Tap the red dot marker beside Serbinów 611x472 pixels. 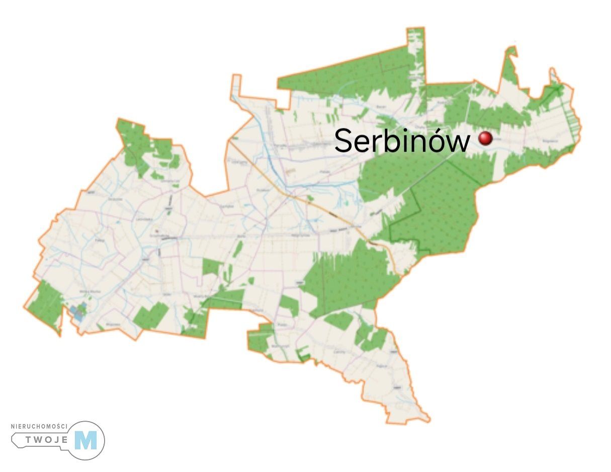(x=485, y=138)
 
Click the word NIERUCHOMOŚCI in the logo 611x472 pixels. (x=39, y=427)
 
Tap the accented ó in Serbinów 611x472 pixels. (x=437, y=141)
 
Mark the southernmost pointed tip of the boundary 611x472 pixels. (x=428, y=418)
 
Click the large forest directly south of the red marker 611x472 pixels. (x=432, y=206)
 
